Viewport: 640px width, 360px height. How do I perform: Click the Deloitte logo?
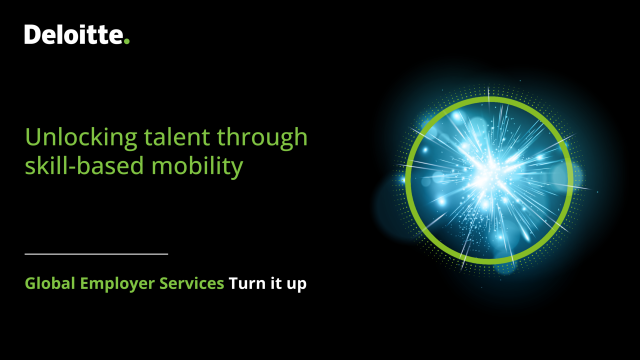76,36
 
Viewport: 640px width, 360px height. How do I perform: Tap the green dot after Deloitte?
127,42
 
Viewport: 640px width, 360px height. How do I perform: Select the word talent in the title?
151,137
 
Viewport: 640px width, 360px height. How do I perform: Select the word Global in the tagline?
50,284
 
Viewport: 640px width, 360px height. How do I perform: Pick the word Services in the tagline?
193,284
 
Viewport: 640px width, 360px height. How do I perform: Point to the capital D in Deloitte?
32,36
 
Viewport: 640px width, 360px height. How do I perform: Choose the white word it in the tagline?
276,284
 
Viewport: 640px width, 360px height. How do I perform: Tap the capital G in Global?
31,284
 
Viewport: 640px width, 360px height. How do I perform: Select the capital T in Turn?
233,284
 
